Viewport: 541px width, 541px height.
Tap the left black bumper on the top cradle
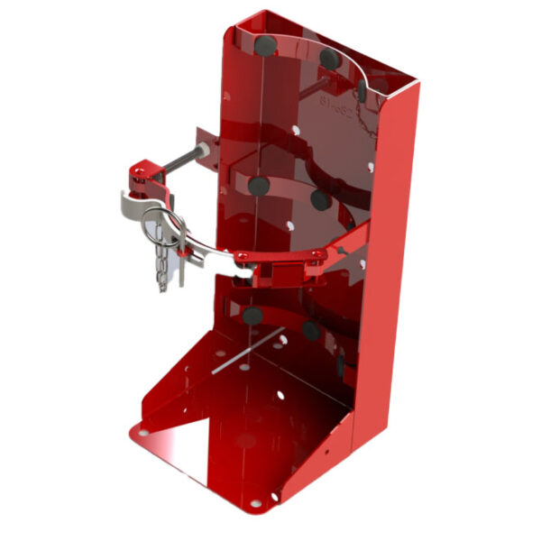[263, 44]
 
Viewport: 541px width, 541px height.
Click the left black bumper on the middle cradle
[259, 186]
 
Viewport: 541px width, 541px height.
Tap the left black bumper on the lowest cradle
[252, 316]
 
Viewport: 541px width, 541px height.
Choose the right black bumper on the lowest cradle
[312, 330]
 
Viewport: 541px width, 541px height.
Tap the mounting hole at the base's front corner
[255, 501]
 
